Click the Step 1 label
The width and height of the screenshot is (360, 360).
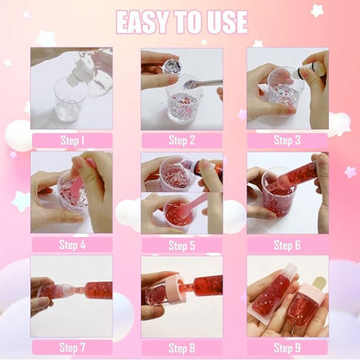point(71,140)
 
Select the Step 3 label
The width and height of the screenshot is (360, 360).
point(287,140)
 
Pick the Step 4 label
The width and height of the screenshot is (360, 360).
point(71,244)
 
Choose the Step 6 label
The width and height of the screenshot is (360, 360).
point(287,244)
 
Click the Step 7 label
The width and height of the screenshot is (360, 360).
point(71,346)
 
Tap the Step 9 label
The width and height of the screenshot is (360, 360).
point(287,346)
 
